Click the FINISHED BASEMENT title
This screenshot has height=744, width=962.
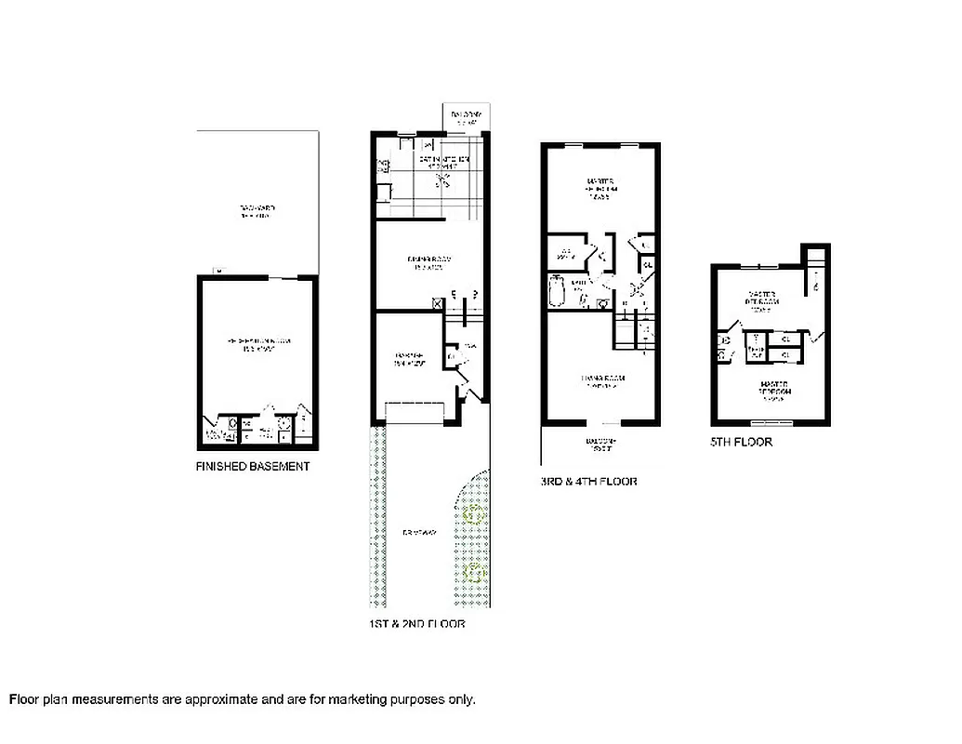[252, 466]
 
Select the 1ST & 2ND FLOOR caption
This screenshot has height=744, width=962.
[416, 624]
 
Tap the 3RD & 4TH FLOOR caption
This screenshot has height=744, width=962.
[589, 481]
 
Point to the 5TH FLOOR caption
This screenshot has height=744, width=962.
[741, 442]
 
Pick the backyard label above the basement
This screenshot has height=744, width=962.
[257, 211]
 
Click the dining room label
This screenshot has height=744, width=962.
[428, 263]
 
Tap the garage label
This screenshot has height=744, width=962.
[410, 359]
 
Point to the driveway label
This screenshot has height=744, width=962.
[419, 533]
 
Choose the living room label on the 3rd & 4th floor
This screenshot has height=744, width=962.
[601, 380]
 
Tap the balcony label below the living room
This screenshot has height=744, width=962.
[600, 445]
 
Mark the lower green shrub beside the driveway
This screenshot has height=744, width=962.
[474, 571]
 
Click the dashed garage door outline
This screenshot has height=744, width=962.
[415, 413]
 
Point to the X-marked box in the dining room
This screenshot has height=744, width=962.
[438, 302]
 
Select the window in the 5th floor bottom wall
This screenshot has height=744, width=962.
[771, 422]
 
